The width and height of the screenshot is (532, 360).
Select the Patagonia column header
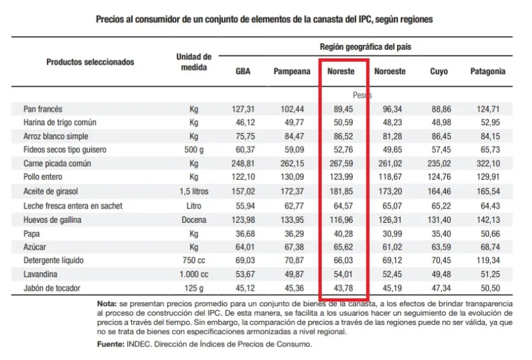pyautogui.click(x=488, y=71)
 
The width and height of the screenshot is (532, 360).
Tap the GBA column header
pyautogui.click(x=243, y=71)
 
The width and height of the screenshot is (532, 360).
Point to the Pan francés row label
pyautogui.click(x=42, y=109)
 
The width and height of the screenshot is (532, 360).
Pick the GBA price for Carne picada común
pyautogui.click(x=244, y=164)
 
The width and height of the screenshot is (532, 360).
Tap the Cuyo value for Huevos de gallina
pyautogui.click(x=439, y=219)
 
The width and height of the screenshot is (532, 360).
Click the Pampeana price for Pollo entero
pyautogui.click(x=292, y=178)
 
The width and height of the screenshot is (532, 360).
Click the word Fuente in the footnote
pyautogui.click(x=112, y=345)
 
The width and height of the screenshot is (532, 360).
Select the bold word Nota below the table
pyautogui.click(x=108, y=303)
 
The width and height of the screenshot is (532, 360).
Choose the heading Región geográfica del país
pyautogui.click(x=365, y=47)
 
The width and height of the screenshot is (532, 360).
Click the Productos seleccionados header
pyautogui.click(x=90, y=62)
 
